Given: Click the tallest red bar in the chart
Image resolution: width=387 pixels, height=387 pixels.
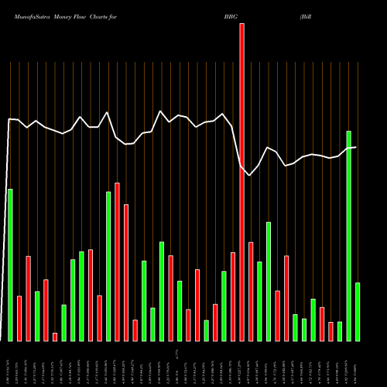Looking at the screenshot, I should point(241,182).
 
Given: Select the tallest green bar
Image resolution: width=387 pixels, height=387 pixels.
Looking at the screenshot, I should point(348,236).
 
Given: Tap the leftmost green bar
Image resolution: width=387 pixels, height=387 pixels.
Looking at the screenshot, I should point(10,265).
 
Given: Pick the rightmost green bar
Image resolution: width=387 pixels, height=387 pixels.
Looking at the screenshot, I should point(358,312).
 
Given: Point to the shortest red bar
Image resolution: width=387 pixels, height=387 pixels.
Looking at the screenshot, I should point(55,337).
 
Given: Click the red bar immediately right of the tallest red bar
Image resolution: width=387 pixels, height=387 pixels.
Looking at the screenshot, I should point(251,292).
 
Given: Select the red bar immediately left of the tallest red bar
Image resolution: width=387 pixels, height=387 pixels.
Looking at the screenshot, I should point(233,296).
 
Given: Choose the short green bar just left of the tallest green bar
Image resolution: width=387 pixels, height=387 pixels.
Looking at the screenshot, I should point(340,331).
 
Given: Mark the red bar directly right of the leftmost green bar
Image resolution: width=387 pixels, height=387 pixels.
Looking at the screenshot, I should point(19,318).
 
